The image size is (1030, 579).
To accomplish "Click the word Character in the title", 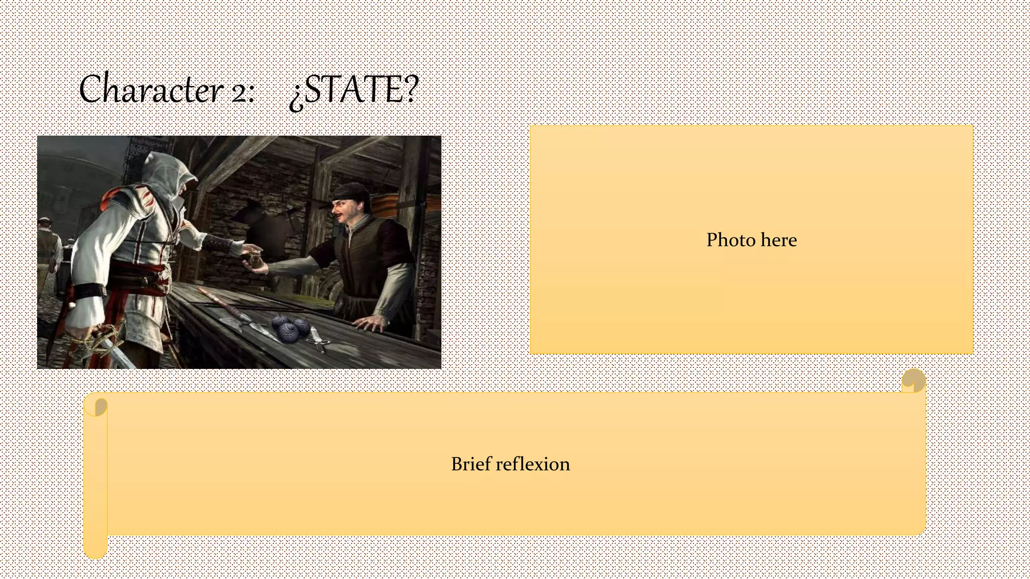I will tap(151, 89).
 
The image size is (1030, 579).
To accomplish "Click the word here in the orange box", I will tap(779, 240).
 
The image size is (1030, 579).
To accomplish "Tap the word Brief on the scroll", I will tap(470, 463).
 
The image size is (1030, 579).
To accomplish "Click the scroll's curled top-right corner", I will tap(913, 380).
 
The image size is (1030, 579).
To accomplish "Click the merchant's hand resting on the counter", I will tap(370, 323).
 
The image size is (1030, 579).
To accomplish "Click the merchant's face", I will tap(345, 211).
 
